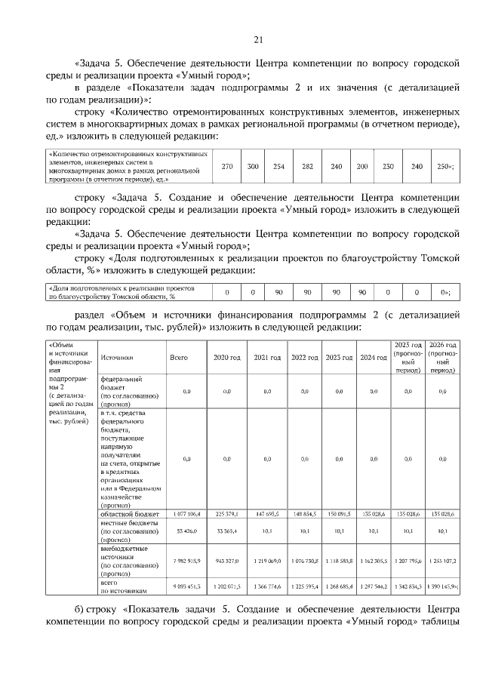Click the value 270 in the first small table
click(226, 166)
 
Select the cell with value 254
click(278, 166)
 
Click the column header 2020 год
click(226, 357)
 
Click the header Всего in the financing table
click(179, 357)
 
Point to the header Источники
click(117, 357)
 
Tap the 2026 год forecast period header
click(442, 357)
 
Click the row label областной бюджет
click(125, 514)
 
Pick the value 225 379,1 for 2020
click(226, 514)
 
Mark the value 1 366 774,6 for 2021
click(266, 586)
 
